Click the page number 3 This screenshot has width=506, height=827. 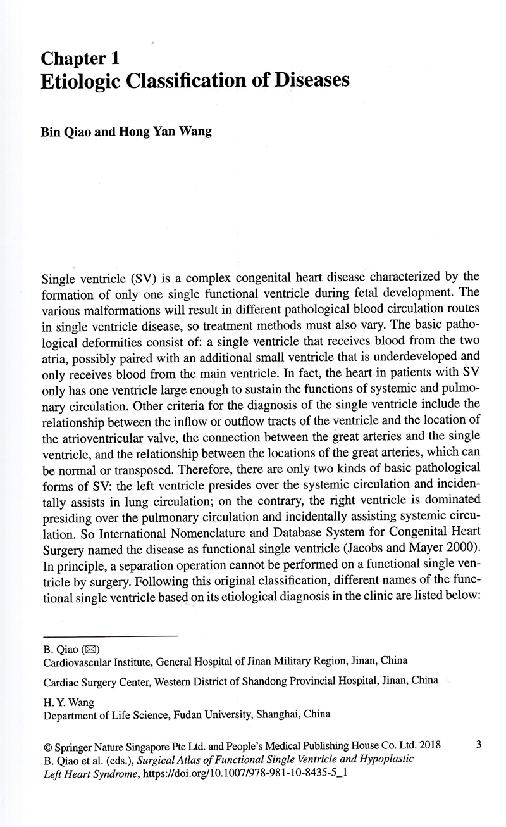click(479, 745)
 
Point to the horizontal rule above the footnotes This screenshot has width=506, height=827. click(109, 636)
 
